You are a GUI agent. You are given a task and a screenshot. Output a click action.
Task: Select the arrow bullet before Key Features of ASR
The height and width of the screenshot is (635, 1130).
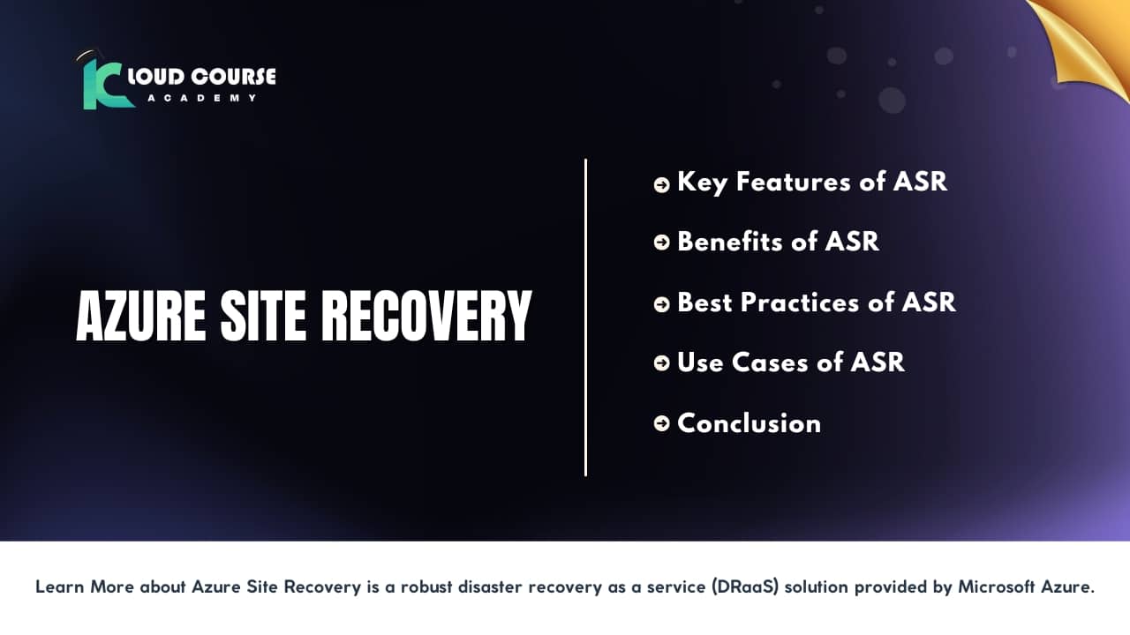(x=661, y=184)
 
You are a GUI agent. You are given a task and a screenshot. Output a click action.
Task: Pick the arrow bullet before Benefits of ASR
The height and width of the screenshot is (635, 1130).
(x=661, y=243)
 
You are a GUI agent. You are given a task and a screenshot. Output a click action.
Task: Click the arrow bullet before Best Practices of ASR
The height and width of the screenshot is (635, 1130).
(x=661, y=304)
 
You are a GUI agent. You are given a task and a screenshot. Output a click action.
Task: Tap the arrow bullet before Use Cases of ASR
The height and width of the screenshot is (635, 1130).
(x=661, y=364)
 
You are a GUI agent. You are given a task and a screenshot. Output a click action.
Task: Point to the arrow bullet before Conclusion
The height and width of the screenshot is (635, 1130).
(x=661, y=424)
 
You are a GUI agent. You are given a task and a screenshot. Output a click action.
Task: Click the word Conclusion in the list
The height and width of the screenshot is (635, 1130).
(x=749, y=423)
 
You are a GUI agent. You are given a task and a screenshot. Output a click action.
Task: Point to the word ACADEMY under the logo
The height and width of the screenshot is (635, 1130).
(x=202, y=98)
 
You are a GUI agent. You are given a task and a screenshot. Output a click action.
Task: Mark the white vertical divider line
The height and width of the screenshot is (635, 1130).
(x=585, y=317)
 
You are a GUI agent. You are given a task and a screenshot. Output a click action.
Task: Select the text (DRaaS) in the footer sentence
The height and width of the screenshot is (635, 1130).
(x=745, y=587)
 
